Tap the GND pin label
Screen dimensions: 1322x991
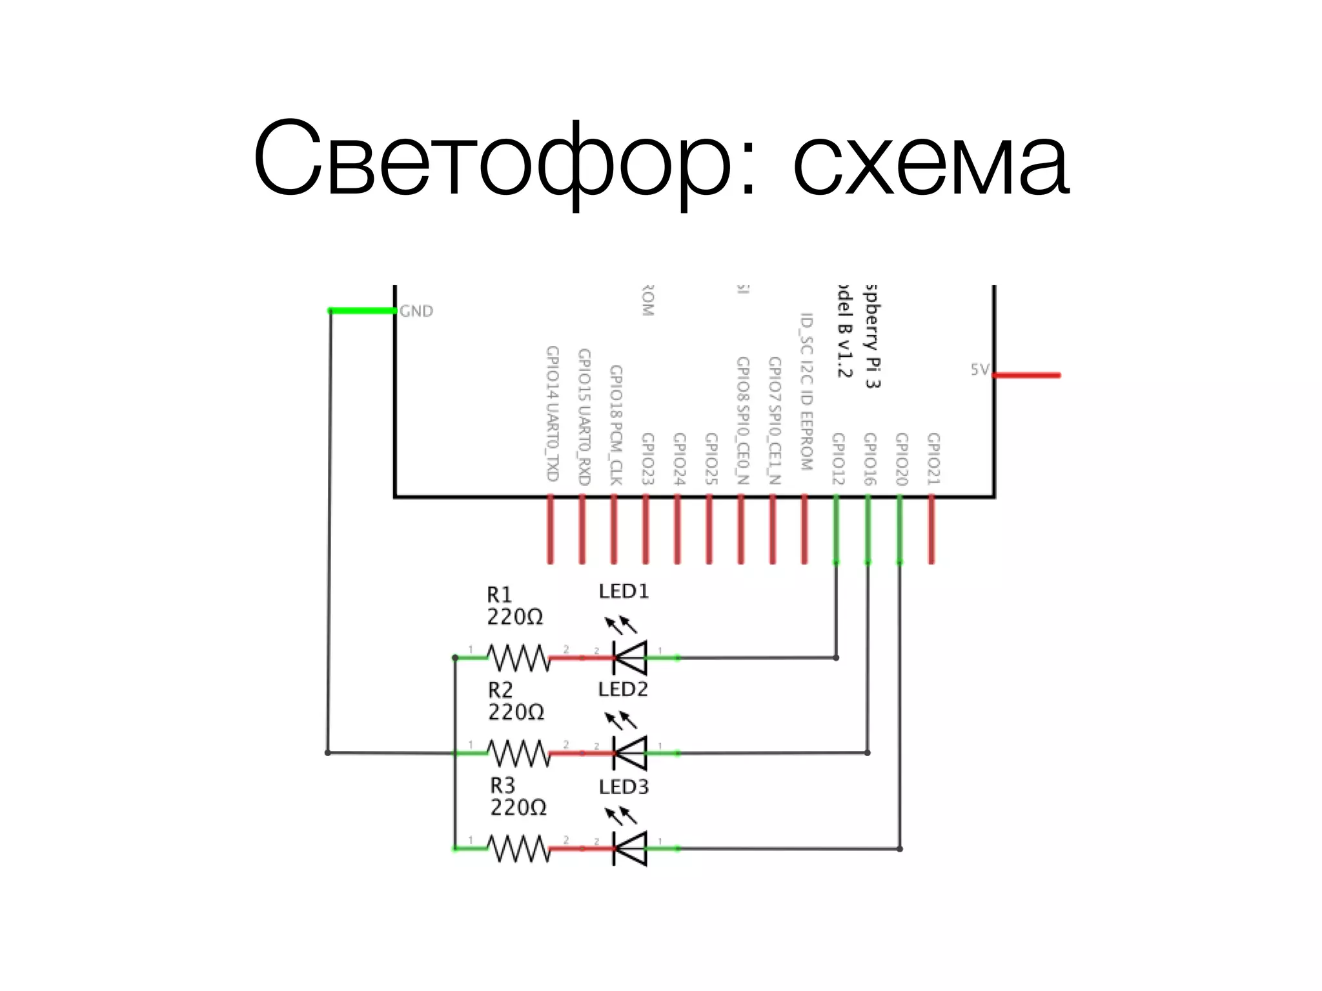[416, 312]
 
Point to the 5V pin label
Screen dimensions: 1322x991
[979, 370]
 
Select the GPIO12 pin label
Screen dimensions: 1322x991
[838, 459]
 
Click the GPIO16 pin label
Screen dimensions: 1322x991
[869, 459]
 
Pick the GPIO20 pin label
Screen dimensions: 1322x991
[901, 459]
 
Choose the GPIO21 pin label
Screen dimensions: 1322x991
[933, 459]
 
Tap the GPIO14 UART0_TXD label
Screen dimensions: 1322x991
[552, 414]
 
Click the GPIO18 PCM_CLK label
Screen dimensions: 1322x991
[616, 425]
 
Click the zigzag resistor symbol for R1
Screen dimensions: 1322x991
[518, 658]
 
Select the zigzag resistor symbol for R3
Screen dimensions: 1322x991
[518, 849]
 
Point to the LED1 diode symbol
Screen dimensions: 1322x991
[630, 658]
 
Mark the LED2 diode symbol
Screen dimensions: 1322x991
[630, 753]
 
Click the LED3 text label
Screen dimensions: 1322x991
[623, 787]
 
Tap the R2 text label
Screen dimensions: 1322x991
[500, 690]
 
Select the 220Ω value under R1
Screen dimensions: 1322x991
[514, 617]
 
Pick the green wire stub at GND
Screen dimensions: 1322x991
[362, 311]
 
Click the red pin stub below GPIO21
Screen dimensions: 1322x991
[931, 529]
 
